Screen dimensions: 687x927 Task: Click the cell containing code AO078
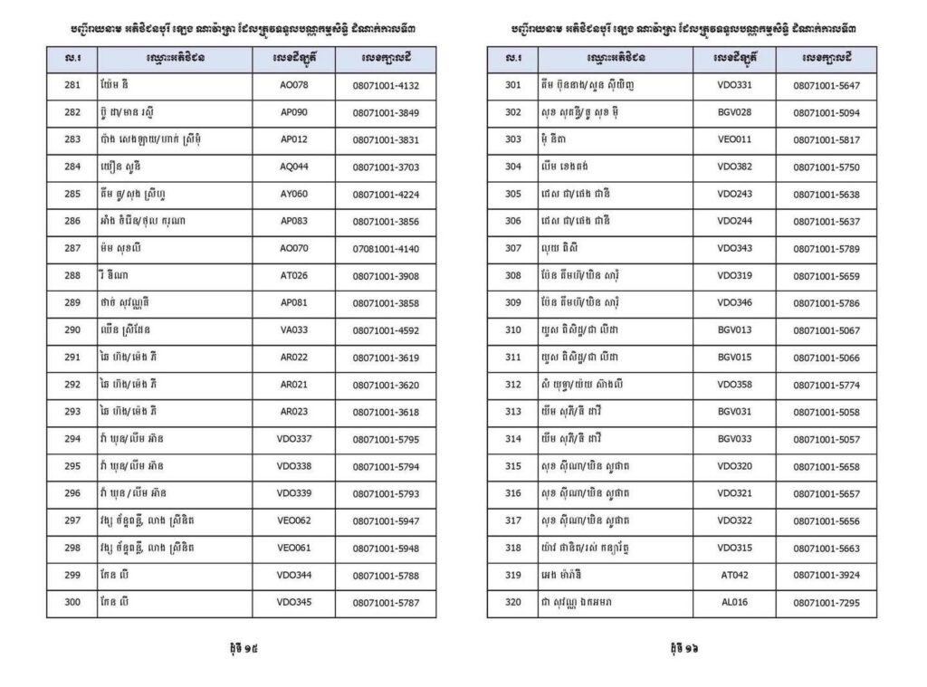coord(294,85)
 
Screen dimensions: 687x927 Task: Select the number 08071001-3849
coord(386,113)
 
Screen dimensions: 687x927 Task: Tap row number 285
coord(72,194)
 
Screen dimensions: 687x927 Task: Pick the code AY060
coord(294,194)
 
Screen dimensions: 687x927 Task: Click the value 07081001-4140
coord(386,249)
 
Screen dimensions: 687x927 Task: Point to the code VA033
coord(294,330)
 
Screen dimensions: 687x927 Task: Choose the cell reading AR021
coord(294,385)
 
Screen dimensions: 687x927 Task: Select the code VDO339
coord(294,493)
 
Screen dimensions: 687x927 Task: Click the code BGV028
coord(734,113)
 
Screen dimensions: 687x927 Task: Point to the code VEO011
coord(734,140)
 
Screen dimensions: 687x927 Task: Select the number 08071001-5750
coord(826,167)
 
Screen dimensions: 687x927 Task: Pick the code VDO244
coord(734,222)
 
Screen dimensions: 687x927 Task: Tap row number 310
coord(513,330)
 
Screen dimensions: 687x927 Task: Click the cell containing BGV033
coord(734,439)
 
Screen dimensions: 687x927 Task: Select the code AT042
coord(734,575)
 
